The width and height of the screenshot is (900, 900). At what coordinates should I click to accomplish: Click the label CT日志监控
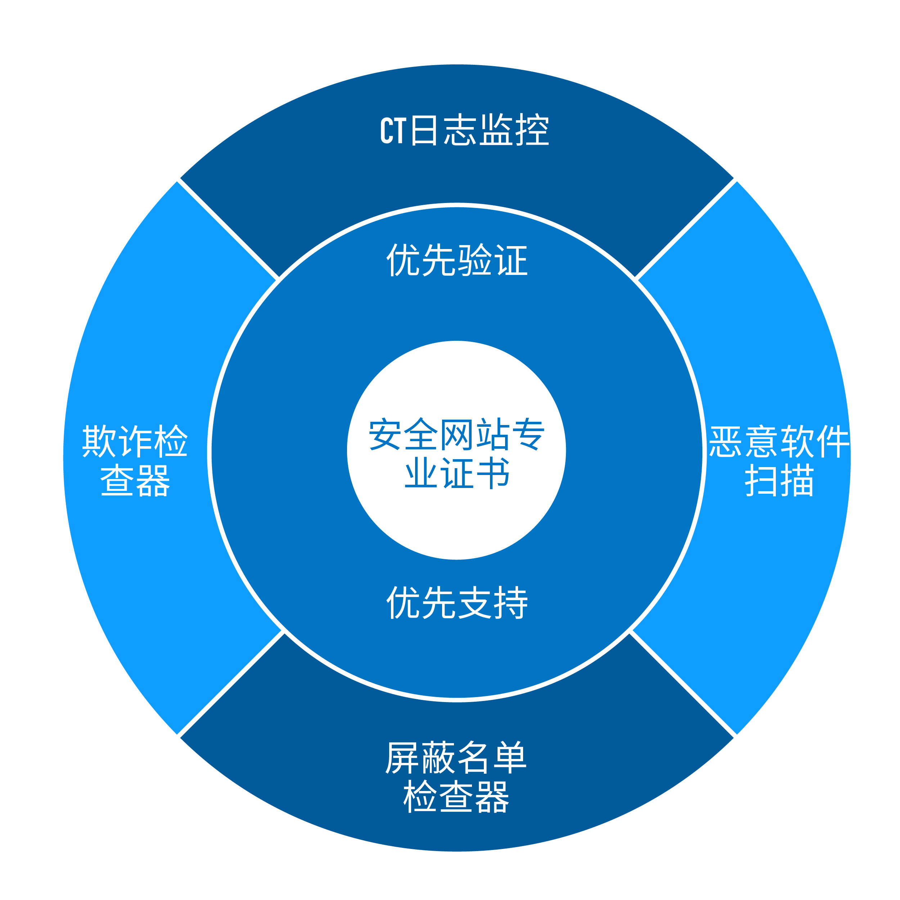[465, 130]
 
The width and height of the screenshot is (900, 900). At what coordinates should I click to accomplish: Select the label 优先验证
[457, 260]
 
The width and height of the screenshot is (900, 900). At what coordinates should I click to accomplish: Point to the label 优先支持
[457, 602]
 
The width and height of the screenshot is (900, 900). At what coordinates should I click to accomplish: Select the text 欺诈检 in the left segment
[135, 441]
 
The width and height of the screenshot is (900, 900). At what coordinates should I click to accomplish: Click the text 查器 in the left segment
[135, 481]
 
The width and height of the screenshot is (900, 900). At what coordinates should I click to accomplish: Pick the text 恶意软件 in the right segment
[779, 441]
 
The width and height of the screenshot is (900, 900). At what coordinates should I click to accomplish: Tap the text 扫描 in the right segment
[779, 481]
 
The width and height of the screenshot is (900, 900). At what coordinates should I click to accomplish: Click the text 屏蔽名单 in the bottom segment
[456, 757]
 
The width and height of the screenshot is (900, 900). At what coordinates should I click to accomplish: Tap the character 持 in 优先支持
[511, 602]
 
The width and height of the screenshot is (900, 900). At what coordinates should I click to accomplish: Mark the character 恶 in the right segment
[725, 441]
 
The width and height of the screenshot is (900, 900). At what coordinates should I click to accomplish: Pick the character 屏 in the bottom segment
[403, 757]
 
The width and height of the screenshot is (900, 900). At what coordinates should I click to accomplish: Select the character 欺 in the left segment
[99, 441]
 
